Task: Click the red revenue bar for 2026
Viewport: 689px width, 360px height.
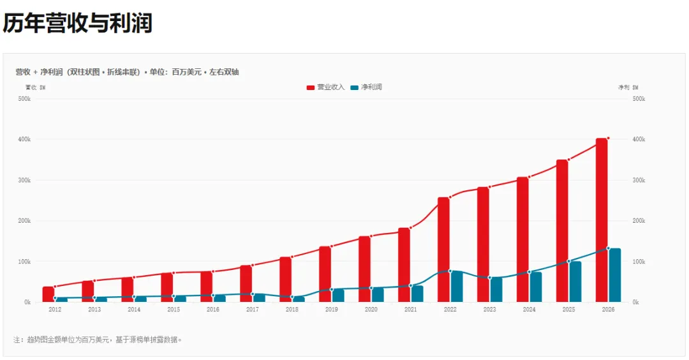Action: pyautogui.click(x=602, y=220)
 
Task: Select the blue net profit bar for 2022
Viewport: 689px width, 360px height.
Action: pyautogui.click(x=457, y=287)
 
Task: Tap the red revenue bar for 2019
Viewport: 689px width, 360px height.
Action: pyautogui.click(x=325, y=274)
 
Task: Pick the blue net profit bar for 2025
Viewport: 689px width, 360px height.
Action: pyautogui.click(x=575, y=281)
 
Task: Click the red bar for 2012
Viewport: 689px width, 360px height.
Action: pyautogui.click(x=48, y=294)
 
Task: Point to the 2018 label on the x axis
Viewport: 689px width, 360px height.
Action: pyautogui.click(x=292, y=310)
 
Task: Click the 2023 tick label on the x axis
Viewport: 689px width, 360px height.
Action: pyautogui.click(x=489, y=310)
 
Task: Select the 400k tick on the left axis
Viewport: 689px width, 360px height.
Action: pyautogui.click(x=24, y=139)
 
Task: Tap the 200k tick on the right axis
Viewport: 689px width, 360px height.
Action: pyautogui.click(x=639, y=221)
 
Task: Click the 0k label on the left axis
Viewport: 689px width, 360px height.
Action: pyautogui.click(x=27, y=303)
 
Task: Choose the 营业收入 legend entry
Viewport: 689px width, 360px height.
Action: pyautogui.click(x=325, y=87)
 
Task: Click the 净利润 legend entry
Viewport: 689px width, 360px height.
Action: pyautogui.click(x=366, y=87)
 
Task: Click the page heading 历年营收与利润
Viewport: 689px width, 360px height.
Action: pyautogui.click(x=78, y=23)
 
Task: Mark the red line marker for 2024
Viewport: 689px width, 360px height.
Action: pyautogui.click(x=529, y=177)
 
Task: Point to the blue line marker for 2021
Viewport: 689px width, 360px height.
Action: pyautogui.click(x=411, y=286)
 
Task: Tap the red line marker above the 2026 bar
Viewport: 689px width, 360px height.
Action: pyautogui.click(x=608, y=138)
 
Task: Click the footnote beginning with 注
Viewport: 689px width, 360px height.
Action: pyautogui.click(x=97, y=340)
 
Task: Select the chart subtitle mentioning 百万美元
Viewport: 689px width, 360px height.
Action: pyautogui.click(x=127, y=72)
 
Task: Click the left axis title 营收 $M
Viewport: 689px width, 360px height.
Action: pyautogui.click(x=35, y=87)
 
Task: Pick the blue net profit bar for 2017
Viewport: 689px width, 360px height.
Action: pyautogui.click(x=259, y=298)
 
